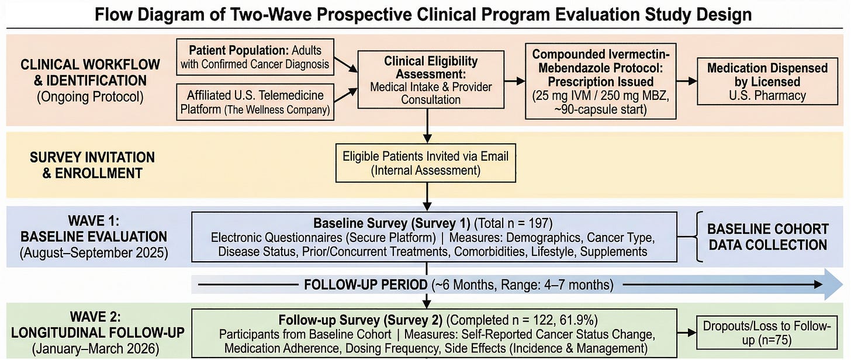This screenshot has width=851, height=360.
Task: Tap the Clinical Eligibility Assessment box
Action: (431, 81)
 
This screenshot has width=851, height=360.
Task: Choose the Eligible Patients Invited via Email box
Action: (425, 164)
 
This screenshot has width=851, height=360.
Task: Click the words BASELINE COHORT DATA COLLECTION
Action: (768, 237)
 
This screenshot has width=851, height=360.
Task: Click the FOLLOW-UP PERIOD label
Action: (365, 285)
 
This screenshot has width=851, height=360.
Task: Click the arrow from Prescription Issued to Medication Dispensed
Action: (684, 81)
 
